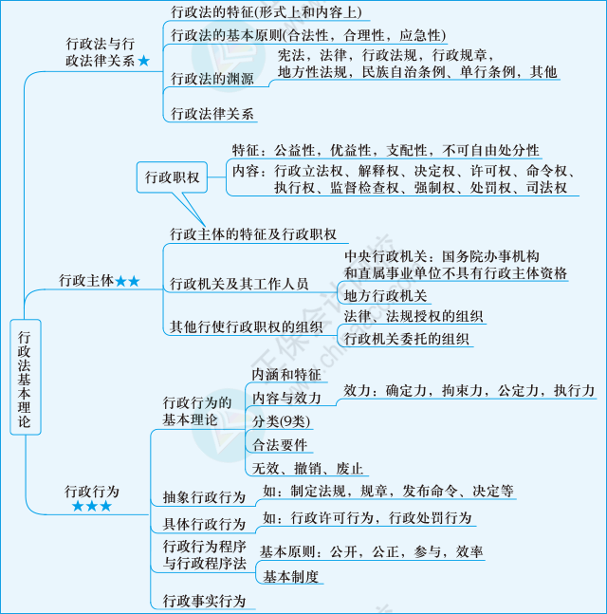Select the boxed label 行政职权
click(x=172, y=177)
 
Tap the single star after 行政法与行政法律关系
click(x=143, y=61)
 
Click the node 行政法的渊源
click(x=212, y=79)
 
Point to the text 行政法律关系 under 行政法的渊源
click(x=212, y=114)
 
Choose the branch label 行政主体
click(x=85, y=280)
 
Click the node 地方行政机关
click(x=386, y=296)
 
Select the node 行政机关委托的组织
click(x=407, y=338)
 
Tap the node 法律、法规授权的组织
click(x=414, y=316)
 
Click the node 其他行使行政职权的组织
click(x=248, y=326)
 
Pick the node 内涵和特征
click(x=285, y=374)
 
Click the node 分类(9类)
click(x=281, y=420)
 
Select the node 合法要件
click(x=280, y=444)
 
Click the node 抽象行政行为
click(x=204, y=496)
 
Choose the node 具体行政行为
click(x=204, y=524)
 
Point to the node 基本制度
click(x=291, y=576)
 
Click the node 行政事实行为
click(x=204, y=600)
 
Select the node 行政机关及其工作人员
click(x=239, y=284)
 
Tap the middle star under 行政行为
click(x=92, y=507)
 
